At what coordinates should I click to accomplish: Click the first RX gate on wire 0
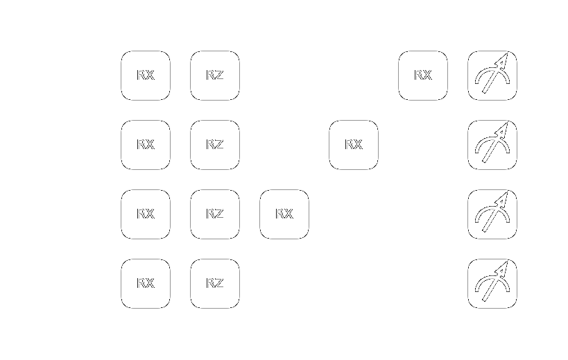tap(146, 76)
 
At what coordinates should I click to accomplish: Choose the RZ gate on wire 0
tap(215, 76)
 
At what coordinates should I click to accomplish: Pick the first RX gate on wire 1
tap(146, 145)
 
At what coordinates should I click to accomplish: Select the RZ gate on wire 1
tap(215, 145)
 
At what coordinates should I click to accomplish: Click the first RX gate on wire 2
tap(146, 214)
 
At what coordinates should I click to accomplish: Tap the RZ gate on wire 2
tap(215, 214)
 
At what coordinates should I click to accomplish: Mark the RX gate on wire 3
tap(146, 284)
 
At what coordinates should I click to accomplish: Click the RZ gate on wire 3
tap(215, 284)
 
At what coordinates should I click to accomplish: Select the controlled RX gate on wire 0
tap(423, 76)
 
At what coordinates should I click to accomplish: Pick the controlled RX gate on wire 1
tap(354, 145)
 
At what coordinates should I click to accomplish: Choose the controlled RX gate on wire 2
tap(284, 214)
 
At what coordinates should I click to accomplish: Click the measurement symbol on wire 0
tap(492, 76)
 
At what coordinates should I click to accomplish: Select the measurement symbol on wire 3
tap(492, 284)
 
